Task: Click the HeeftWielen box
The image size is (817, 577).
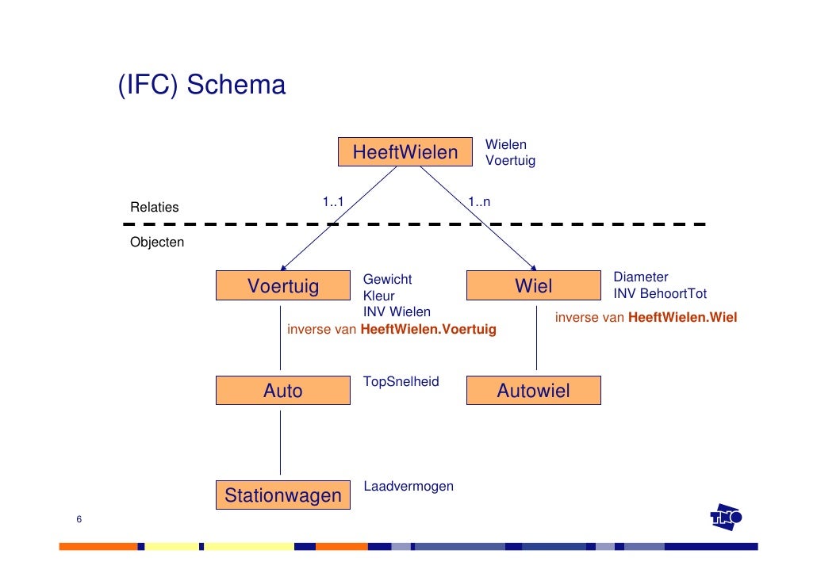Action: (x=405, y=152)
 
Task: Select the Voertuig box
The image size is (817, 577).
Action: (x=282, y=286)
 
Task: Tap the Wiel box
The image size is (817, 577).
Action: (x=533, y=286)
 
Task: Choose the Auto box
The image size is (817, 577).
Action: (x=282, y=391)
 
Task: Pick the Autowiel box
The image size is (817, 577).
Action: (x=533, y=391)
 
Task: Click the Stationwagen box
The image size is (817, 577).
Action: (x=282, y=496)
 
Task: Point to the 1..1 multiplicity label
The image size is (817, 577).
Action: (x=332, y=202)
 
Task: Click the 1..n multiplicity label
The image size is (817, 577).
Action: (x=478, y=202)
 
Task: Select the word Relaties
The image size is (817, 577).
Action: (x=155, y=208)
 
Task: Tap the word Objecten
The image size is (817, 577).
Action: (x=157, y=243)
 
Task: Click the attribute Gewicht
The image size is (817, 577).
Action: (x=387, y=279)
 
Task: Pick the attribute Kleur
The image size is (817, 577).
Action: (x=378, y=296)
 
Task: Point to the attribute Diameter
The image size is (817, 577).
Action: (x=641, y=277)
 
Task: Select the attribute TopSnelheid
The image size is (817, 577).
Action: (x=401, y=382)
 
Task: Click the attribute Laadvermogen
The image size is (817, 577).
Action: (x=408, y=486)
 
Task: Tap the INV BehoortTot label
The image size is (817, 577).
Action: (x=660, y=294)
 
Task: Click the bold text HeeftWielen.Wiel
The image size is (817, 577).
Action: (x=682, y=318)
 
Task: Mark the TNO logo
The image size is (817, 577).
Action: (x=726, y=518)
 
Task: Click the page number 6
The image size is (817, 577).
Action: (x=79, y=519)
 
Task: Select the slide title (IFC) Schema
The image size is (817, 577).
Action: (x=201, y=85)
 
